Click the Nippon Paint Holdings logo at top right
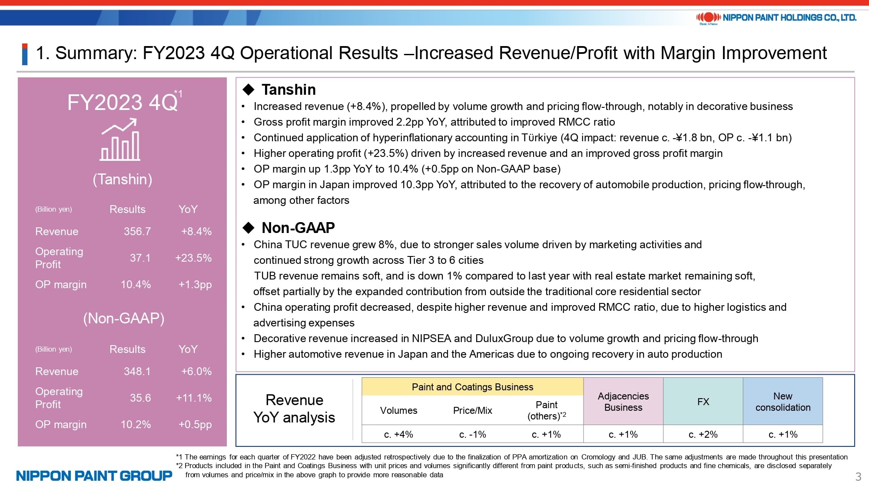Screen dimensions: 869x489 tap(776, 18)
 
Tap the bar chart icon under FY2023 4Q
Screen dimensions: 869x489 tap(120, 140)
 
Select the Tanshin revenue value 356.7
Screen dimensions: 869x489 tap(137, 231)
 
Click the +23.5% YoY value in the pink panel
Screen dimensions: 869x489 tap(193, 258)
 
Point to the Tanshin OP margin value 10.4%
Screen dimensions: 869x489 tap(136, 284)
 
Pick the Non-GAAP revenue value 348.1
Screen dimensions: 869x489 tap(137, 371)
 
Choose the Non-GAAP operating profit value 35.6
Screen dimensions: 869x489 tap(140, 398)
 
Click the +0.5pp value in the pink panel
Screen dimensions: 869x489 tap(195, 424)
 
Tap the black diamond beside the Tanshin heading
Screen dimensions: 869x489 tap(249, 90)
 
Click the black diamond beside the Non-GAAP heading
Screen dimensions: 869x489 tap(249, 227)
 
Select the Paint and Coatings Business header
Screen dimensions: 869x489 tap(472, 387)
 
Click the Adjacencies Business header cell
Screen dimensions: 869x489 tap(623, 401)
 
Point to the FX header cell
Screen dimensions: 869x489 tap(703, 401)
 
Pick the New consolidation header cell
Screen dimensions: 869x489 tap(783, 401)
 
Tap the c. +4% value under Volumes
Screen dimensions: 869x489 tap(398, 434)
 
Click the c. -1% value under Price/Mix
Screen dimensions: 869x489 tap(472, 434)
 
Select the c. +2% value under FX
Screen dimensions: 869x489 tap(703, 434)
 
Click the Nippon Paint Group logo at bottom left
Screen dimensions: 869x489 tap(94, 476)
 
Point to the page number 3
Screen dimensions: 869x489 tap(858, 476)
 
